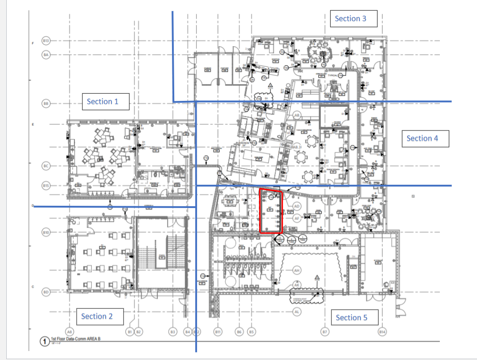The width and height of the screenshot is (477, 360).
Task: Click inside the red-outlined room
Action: click(x=271, y=211)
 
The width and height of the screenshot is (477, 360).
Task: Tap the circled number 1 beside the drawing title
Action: click(x=44, y=342)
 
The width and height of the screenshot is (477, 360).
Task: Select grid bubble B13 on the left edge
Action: click(x=46, y=41)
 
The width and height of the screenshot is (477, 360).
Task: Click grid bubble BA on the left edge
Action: click(x=46, y=55)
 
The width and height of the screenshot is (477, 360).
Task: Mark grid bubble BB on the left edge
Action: click(x=46, y=104)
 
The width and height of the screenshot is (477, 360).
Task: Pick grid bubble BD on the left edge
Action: click(x=46, y=292)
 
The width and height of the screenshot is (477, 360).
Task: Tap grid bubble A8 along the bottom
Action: click(x=69, y=332)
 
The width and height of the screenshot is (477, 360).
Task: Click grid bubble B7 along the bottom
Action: click(x=325, y=332)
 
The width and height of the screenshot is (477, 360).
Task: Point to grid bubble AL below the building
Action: click(x=296, y=311)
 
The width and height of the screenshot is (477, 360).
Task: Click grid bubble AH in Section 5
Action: click(x=296, y=271)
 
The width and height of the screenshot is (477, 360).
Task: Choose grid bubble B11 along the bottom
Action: click(x=218, y=332)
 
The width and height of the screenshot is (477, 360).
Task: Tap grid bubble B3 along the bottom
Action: click(x=172, y=332)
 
